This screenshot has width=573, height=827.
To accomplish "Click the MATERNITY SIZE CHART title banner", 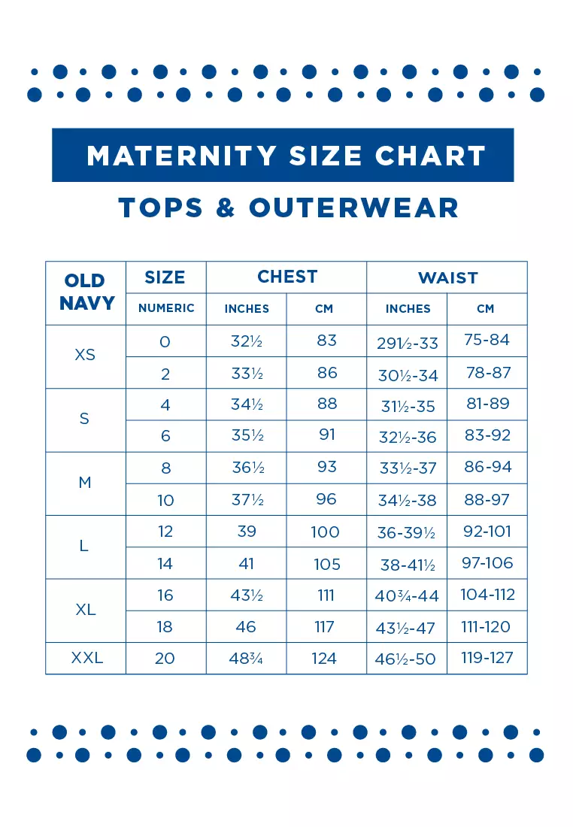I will [x=286, y=156].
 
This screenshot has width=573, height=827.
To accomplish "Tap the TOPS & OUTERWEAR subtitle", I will [x=288, y=208].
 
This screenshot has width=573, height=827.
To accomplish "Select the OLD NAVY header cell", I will [x=86, y=292].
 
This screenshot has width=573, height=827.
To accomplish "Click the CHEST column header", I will [x=287, y=277].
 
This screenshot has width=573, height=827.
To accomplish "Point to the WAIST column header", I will [x=447, y=277].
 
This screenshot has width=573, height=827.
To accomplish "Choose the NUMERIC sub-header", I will [x=166, y=308].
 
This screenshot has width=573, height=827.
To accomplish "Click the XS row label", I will [x=85, y=355].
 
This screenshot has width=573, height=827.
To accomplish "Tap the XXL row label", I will [x=86, y=659].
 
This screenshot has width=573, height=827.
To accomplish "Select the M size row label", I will [x=85, y=483].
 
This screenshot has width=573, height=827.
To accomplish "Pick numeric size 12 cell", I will [x=165, y=532].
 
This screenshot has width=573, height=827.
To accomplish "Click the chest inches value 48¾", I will [x=246, y=659].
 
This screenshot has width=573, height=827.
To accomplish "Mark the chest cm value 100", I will [x=326, y=532].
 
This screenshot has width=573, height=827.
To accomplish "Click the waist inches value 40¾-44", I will [x=407, y=596].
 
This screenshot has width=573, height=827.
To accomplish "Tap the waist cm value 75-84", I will [x=487, y=340].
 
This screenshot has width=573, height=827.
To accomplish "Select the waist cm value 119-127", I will [x=487, y=658].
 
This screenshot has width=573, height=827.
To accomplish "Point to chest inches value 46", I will [x=246, y=627].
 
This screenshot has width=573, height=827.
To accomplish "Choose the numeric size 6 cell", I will [x=165, y=436].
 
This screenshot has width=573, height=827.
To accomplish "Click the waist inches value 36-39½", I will [x=407, y=532].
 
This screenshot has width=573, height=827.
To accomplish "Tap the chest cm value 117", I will [x=326, y=627].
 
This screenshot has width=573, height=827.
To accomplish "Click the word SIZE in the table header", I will [x=165, y=277].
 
